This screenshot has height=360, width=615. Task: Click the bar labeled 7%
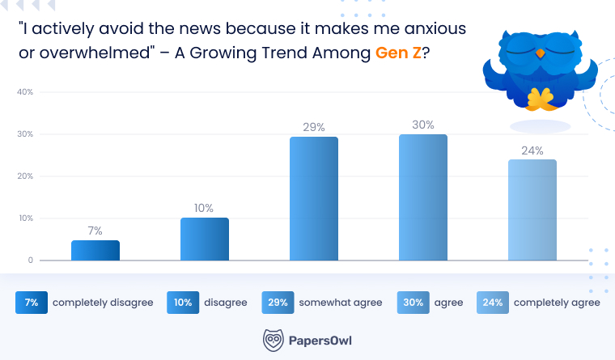(x=95, y=250)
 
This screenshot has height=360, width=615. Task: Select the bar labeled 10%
(x=205, y=239)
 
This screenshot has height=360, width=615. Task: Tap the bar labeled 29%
(x=314, y=199)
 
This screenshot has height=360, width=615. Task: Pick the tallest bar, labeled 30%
(x=423, y=197)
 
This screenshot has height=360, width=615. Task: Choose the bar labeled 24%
(x=532, y=210)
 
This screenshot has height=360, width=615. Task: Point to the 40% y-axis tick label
(x=25, y=92)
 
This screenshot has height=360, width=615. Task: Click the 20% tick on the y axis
(x=25, y=176)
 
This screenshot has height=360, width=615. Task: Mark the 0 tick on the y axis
(x=30, y=260)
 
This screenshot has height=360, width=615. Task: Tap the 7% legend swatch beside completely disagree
(x=32, y=303)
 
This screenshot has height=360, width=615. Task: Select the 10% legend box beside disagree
(x=182, y=303)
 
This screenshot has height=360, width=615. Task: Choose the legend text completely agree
(x=557, y=303)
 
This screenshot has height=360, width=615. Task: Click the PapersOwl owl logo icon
(x=274, y=340)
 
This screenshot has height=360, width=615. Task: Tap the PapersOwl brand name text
(x=321, y=341)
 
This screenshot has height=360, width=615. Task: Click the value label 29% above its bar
(x=314, y=127)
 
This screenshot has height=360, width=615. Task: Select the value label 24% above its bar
(x=532, y=150)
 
